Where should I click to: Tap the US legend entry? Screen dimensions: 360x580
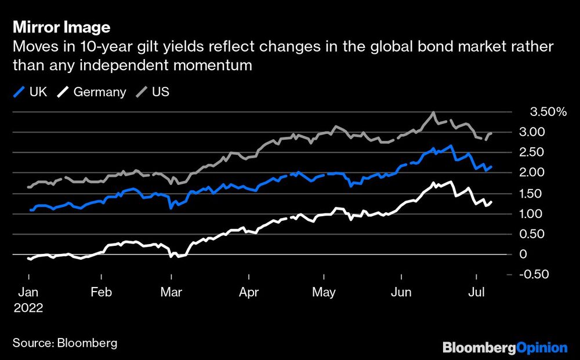tap(154, 92)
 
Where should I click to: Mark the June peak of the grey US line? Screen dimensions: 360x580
tap(433, 113)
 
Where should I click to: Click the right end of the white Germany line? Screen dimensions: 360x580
tap(492, 202)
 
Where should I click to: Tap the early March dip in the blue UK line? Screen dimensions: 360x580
tap(171, 207)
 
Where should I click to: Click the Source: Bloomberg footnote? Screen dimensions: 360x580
tap(64, 342)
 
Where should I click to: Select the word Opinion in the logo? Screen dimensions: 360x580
tap(542, 348)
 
